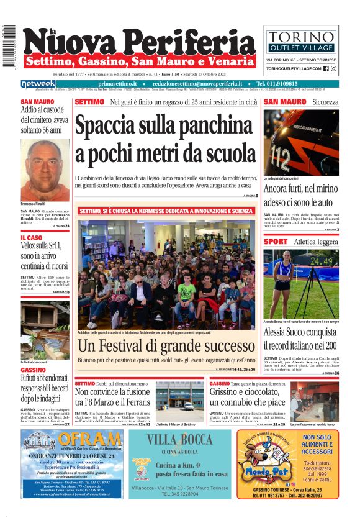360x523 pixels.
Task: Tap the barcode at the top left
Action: pyautogui.click(x=9, y=47)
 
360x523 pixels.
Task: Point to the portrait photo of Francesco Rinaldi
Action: pyautogui.click(x=45, y=168)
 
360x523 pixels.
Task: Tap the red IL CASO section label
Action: pyautogui.click(x=31, y=237)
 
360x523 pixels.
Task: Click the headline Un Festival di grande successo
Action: pyautogui.click(x=166, y=345)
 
